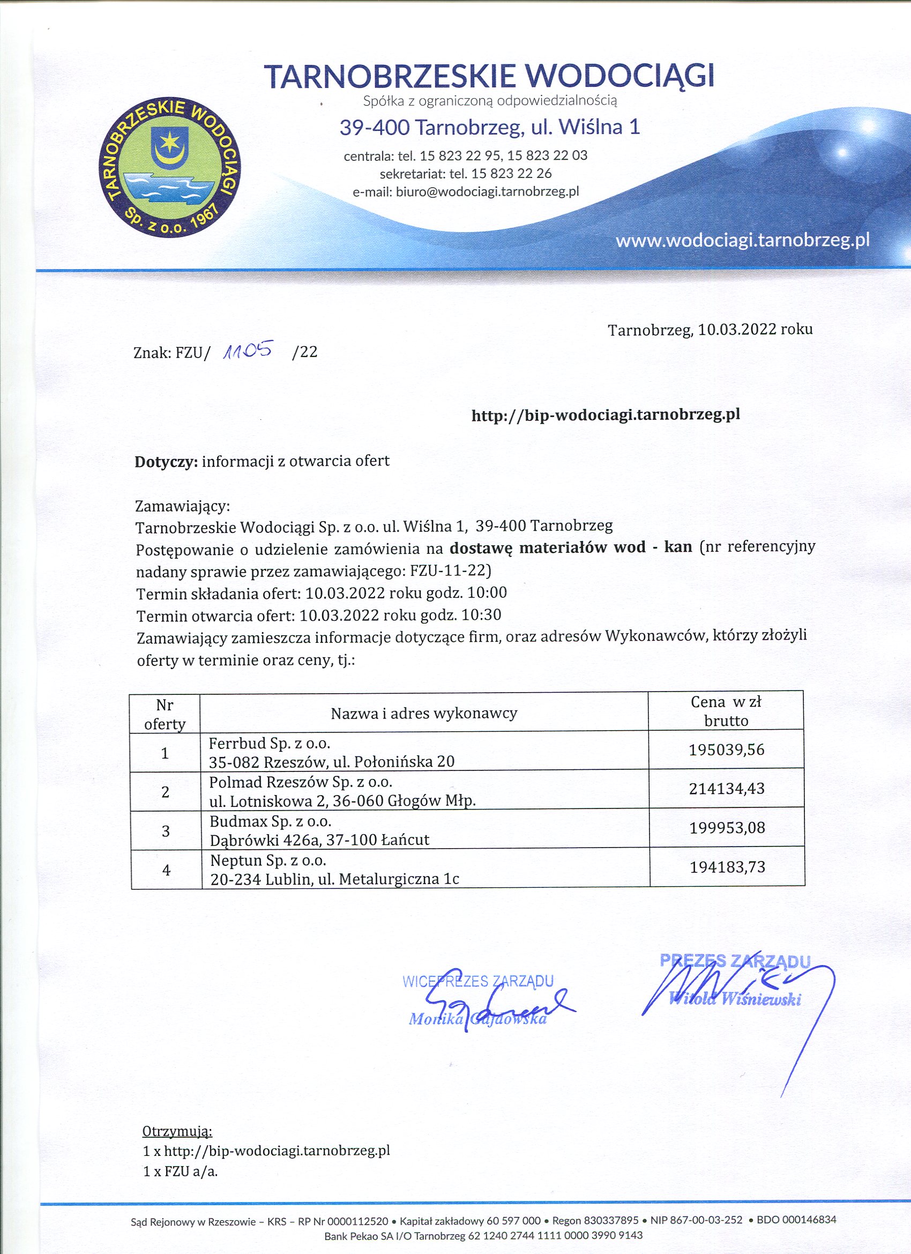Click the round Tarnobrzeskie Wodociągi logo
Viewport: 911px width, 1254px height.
pos(170,169)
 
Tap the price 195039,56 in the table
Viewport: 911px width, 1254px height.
pos(726,750)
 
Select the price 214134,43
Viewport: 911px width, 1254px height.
pos(726,789)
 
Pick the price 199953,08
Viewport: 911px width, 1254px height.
pos(726,828)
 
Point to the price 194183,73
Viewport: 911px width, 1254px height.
pos(727,866)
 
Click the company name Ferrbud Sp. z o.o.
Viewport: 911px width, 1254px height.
pos(269,743)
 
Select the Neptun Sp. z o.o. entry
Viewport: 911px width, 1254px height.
pos(268,860)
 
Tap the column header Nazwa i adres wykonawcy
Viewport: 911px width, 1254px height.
pos(423,713)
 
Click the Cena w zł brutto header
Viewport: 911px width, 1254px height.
pos(726,711)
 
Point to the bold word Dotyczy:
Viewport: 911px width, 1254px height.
pos(166,461)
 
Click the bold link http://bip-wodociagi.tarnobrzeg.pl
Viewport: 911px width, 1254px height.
pos(606,414)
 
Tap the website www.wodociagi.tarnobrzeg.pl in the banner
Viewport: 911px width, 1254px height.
pos(742,241)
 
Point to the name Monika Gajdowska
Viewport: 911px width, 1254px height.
pos(477,1019)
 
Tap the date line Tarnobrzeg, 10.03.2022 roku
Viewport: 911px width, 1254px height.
pos(710,330)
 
